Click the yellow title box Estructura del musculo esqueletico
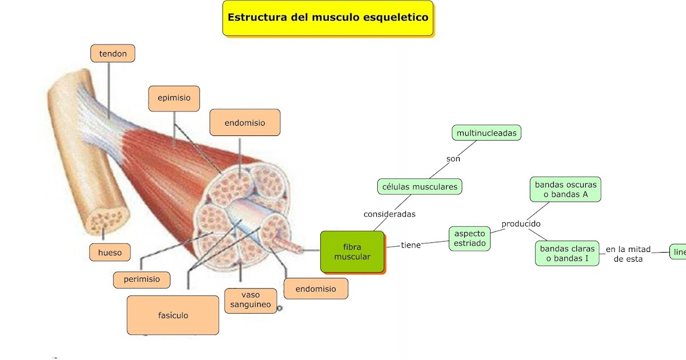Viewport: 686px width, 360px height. (x=328, y=18)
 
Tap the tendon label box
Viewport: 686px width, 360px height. (x=113, y=54)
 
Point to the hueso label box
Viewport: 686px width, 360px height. (x=110, y=252)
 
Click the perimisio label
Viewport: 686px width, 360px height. (x=142, y=280)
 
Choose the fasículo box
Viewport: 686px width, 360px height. (x=173, y=315)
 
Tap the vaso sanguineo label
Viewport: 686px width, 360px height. (x=251, y=300)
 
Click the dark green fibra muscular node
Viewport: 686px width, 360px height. (x=352, y=252)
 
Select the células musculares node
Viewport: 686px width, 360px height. (x=420, y=186)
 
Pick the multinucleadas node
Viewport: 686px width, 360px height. (x=486, y=133)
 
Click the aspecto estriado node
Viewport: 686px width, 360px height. (x=470, y=238)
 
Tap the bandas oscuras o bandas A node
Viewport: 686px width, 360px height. (x=565, y=189)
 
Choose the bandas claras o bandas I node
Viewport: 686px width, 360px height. (x=567, y=253)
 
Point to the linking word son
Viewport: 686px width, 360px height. (x=453, y=159)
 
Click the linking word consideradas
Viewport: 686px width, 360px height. (x=389, y=214)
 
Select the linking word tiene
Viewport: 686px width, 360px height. (x=410, y=245)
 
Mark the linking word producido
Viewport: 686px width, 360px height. (x=521, y=224)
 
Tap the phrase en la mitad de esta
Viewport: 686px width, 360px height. (x=628, y=254)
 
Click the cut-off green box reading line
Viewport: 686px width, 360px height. (x=678, y=251)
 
